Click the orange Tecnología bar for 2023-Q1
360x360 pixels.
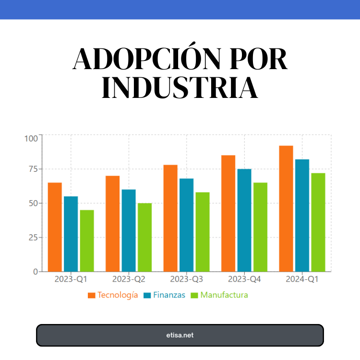pos(55,227)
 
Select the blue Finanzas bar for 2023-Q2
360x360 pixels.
pos(129,230)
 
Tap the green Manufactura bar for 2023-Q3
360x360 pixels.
pos(203,232)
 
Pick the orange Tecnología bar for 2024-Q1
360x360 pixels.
pos(286,208)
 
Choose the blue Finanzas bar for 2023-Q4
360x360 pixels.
pos(244,220)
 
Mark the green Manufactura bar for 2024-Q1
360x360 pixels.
pos(318,222)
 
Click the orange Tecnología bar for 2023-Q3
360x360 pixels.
pos(170,218)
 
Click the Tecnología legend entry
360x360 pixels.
pos(113,295)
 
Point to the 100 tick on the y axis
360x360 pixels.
pos(31,139)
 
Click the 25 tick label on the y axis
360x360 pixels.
pos(32,238)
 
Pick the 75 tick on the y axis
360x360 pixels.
pos(32,169)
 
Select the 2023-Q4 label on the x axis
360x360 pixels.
pos(244,279)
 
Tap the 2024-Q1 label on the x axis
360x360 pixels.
pos(302,279)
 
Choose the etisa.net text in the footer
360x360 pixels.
pos(180,335)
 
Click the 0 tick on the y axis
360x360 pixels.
pos(35,272)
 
